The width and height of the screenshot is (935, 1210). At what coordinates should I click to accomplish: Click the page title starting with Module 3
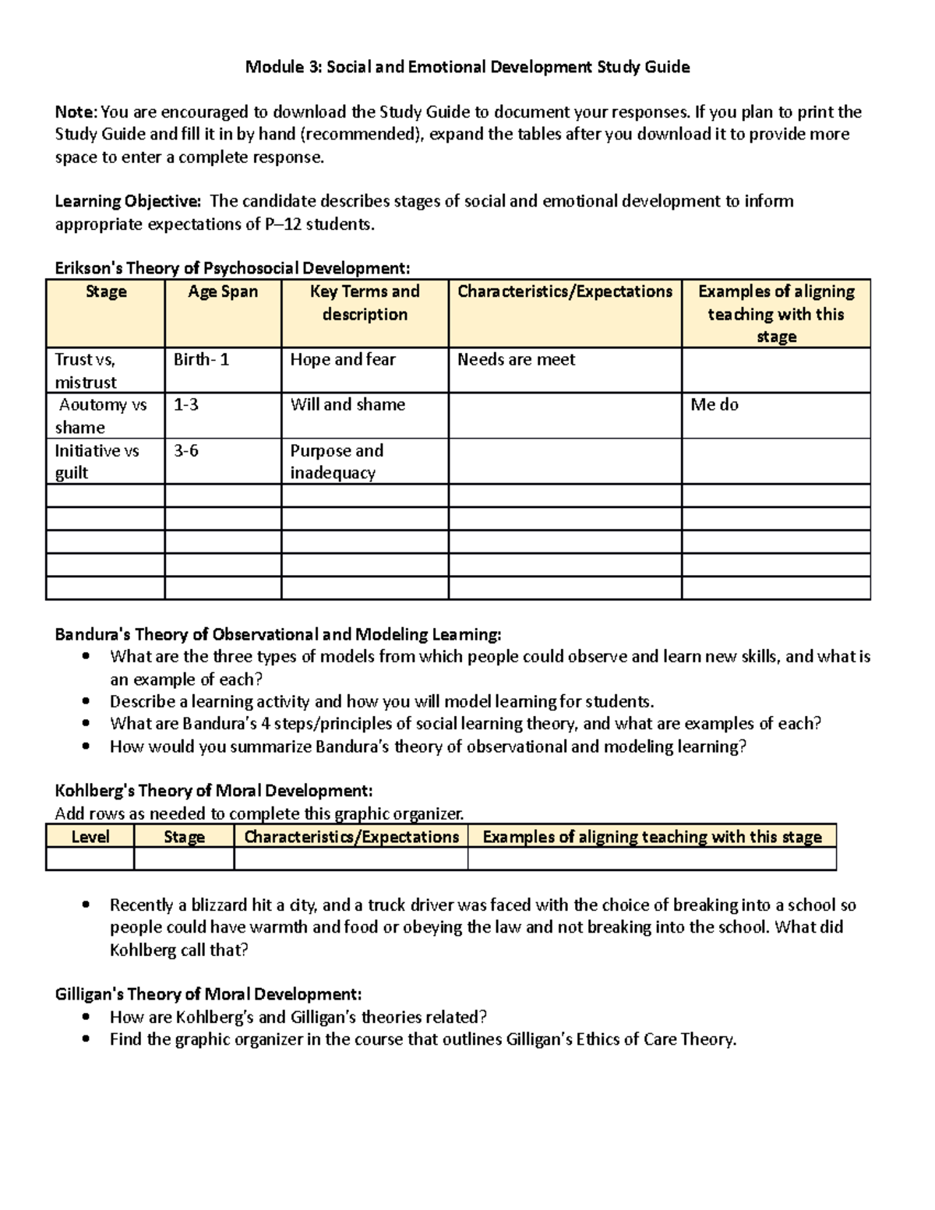tap(467, 67)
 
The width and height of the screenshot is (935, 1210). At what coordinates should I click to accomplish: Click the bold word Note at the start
tap(76, 111)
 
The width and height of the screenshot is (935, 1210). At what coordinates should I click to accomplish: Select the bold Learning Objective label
tap(127, 201)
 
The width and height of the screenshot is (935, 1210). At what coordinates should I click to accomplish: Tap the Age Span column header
tap(222, 291)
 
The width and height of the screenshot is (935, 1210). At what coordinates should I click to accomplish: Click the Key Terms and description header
tap(364, 302)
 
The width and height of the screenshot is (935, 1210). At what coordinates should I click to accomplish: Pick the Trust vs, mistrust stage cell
tap(86, 370)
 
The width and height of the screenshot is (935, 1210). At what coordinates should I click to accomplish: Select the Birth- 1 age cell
tap(201, 359)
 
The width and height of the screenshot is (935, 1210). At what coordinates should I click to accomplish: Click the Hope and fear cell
tap(343, 359)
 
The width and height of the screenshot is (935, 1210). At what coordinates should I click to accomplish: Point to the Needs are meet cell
tap(516, 359)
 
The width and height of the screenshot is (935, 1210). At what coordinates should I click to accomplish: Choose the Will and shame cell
tap(348, 404)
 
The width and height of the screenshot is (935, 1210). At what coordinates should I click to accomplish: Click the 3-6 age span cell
tap(185, 450)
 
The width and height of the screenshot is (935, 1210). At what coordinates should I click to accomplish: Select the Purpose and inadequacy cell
tap(337, 461)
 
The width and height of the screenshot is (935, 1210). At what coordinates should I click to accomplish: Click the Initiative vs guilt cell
tap(97, 461)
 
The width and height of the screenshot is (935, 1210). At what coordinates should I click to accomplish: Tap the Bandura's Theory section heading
tap(277, 634)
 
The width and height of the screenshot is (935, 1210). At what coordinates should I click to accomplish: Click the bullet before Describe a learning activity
tap(86, 701)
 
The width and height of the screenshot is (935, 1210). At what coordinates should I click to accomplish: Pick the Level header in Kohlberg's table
tap(90, 837)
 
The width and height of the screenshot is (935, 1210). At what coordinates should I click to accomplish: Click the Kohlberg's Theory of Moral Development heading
tap(213, 791)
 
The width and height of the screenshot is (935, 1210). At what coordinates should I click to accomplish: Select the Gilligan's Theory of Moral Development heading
tap(208, 994)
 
